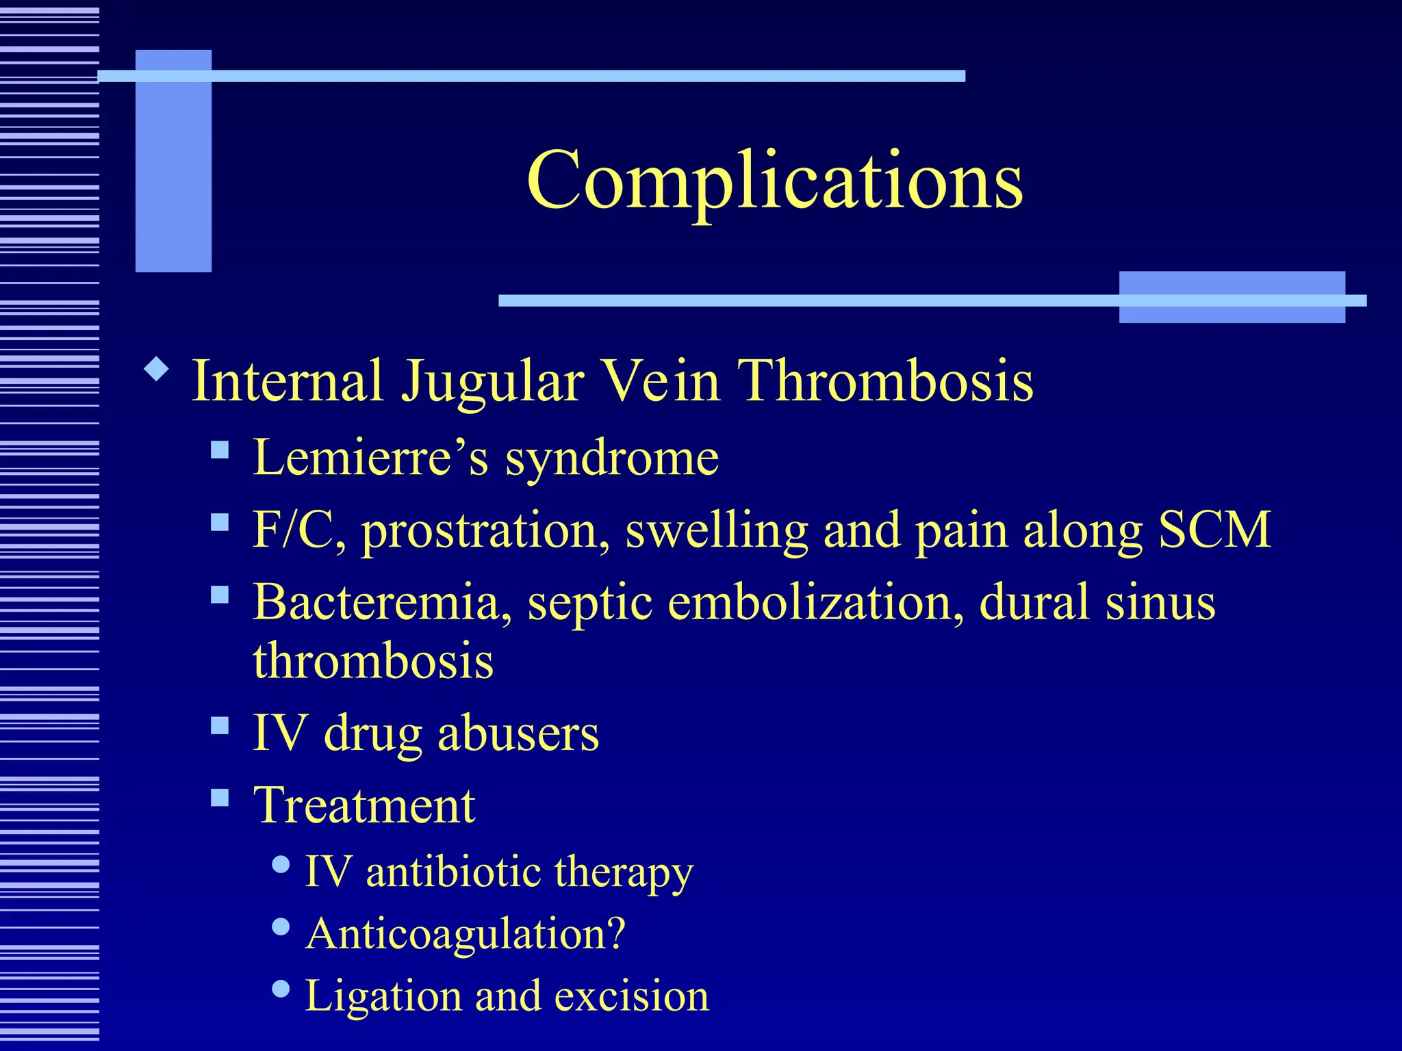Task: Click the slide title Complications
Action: pos(774,180)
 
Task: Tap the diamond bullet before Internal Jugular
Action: pos(157,369)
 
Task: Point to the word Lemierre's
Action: pos(370,457)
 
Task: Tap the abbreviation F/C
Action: pos(298,530)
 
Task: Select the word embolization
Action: pos(815,602)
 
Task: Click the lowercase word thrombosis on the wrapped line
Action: pos(373,661)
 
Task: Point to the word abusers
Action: pos(518,733)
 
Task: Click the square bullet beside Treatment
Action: pos(220,797)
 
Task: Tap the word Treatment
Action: pos(364,805)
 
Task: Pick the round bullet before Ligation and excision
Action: pos(281,988)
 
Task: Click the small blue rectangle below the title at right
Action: pos(1231,297)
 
